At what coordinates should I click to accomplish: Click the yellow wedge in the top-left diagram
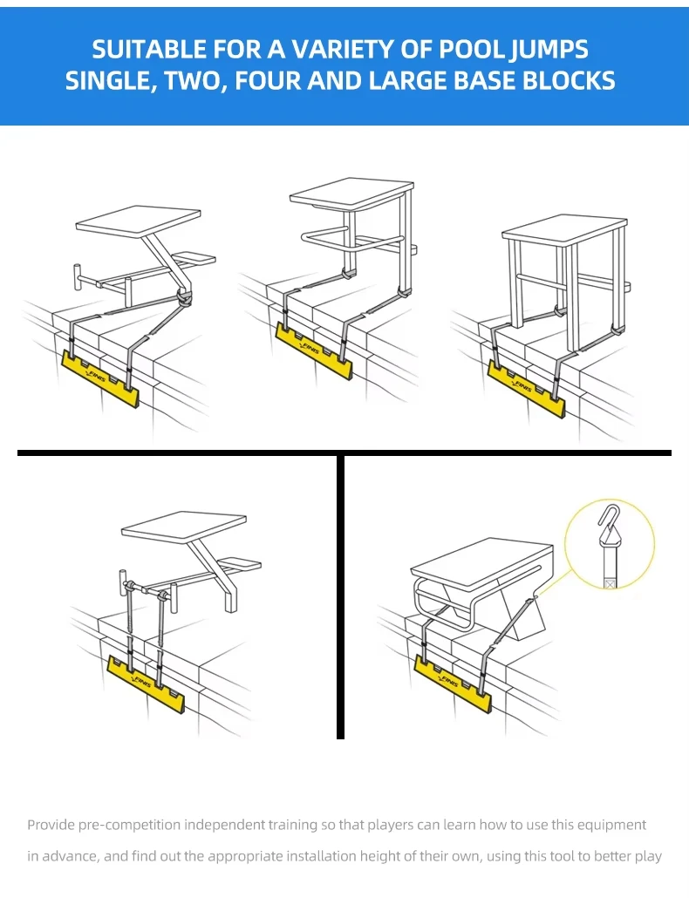(100, 379)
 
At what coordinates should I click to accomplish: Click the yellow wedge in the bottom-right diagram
(453, 684)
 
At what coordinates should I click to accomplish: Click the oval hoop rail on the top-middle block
(351, 241)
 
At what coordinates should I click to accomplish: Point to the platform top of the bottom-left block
(184, 527)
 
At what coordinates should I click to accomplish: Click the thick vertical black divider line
(341, 596)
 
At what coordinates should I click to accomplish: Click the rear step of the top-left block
(194, 259)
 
